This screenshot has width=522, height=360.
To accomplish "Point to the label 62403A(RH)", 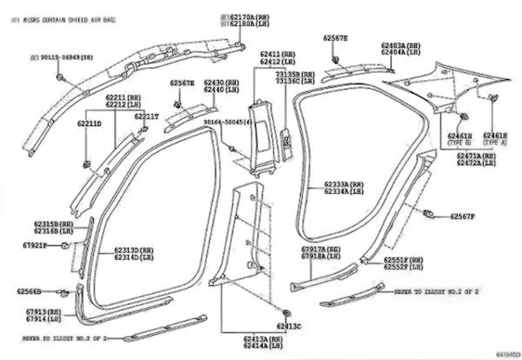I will [x=400, y=44].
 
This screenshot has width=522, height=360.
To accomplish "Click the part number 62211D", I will [x=89, y=124].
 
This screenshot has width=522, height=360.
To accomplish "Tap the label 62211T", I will [x=144, y=116].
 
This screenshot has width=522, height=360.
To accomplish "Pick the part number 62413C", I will [x=288, y=326].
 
